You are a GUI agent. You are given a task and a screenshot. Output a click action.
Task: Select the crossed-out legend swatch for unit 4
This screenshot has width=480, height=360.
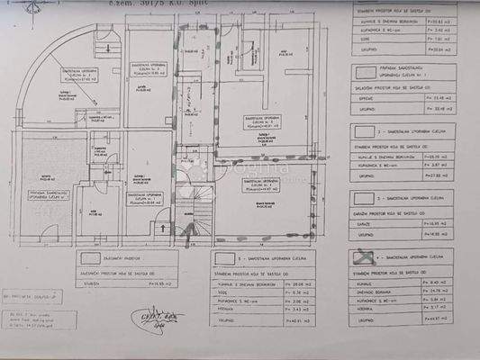[362, 257]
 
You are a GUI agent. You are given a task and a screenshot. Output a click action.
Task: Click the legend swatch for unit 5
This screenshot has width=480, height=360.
[225, 258]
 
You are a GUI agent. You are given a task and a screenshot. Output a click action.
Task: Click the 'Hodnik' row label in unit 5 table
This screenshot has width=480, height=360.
[229, 309]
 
